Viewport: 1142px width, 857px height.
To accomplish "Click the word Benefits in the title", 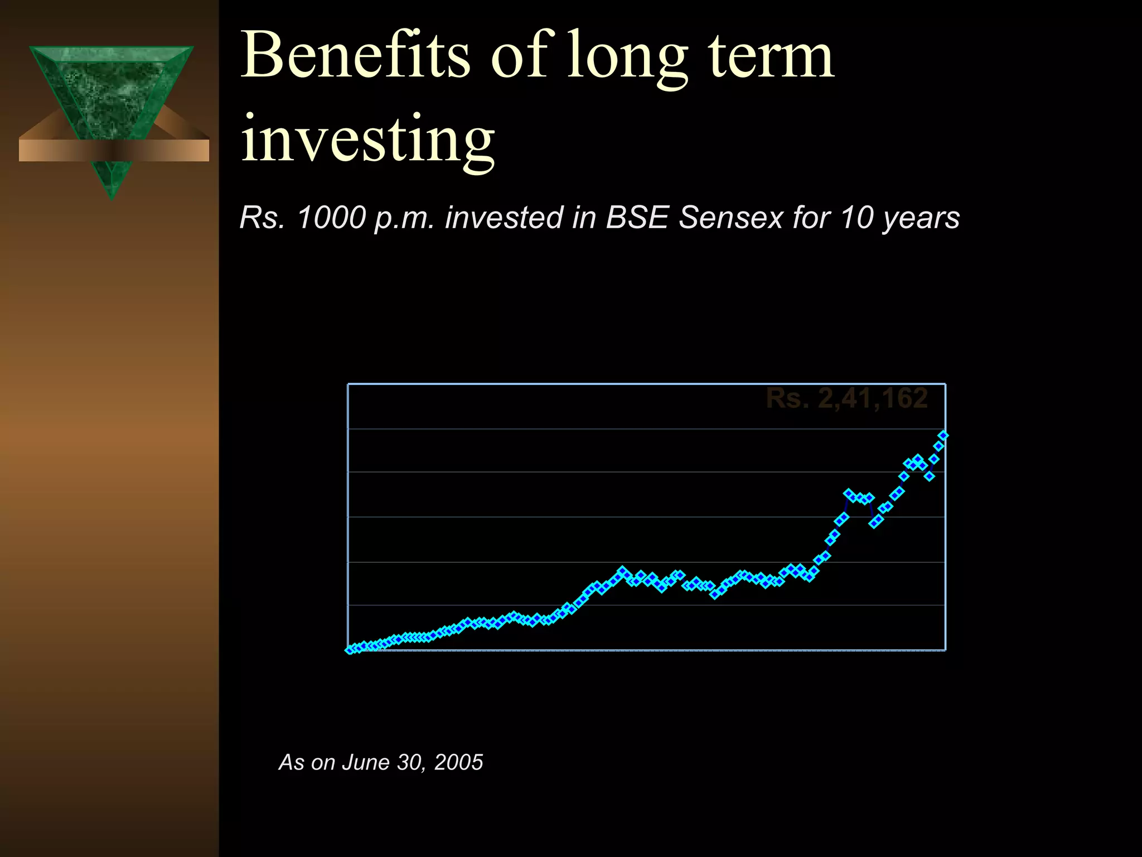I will [x=356, y=56].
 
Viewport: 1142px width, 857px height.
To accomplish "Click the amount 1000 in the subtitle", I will [x=331, y=218].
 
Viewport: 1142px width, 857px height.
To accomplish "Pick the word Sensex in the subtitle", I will [x=731, y=218].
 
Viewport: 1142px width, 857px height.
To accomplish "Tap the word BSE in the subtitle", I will [x=637, y=218].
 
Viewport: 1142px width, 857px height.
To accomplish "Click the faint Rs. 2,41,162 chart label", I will [x=846, y=398].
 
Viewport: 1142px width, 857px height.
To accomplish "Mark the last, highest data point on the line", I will [x=943, y=435].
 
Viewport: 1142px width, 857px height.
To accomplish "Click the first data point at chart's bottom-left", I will [x=350, y=650].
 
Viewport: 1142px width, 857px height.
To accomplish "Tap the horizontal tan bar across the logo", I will [x=114, y=151].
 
